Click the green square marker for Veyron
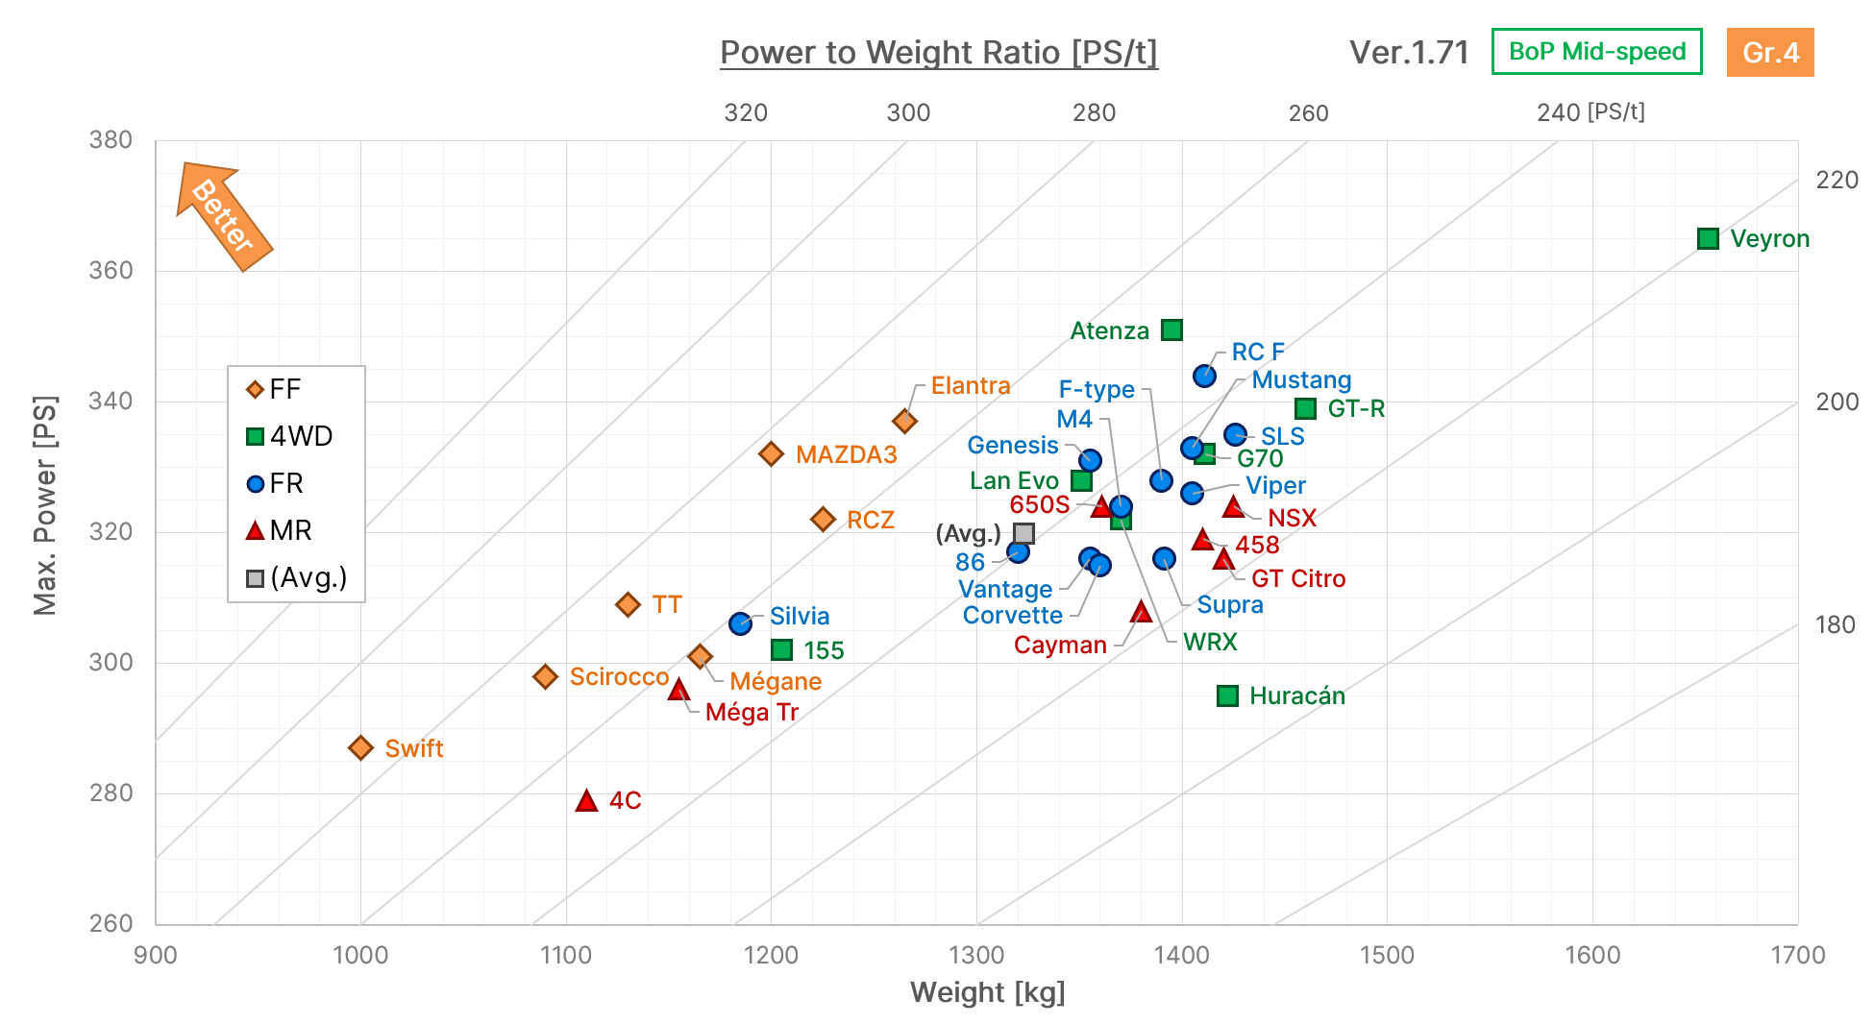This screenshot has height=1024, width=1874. click(x=1708, y=238)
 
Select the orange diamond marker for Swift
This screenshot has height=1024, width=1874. click(x=360, y=747)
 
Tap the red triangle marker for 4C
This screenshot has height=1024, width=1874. click(x=586, y=800)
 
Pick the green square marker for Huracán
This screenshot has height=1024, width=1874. click(x=1227, y=695)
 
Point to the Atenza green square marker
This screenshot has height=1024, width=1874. click(x=1171, y=329)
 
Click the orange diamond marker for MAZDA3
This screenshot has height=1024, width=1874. click(x=771, y=453)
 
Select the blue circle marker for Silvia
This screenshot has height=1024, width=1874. click(x=740, y=623)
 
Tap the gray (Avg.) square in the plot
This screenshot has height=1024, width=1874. click(x=1023, y=533)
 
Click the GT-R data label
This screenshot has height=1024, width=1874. click(x=1356, y=408)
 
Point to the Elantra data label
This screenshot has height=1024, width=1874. click(x=971, y=385)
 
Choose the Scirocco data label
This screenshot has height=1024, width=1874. click(x=619, y=676)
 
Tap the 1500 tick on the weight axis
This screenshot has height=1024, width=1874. click(x=1387, y=955)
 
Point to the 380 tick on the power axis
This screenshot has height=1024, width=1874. click(x=111, y=140)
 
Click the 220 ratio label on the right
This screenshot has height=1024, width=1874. click(x=1837, y=180)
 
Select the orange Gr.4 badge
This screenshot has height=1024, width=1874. click(x=1770, y=52)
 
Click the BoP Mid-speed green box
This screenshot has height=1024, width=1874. click(x=1597, y=51)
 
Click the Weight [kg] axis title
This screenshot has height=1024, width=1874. click(x=988, y=992)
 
